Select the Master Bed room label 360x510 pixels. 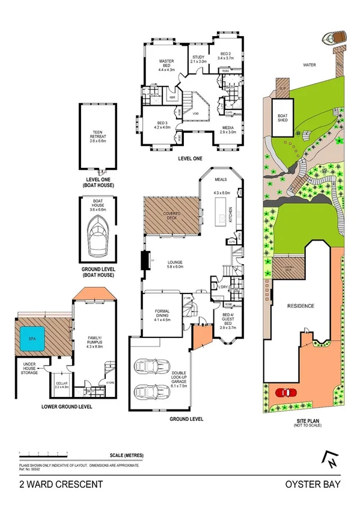pos(166,65)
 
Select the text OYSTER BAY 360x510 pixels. pos(320,483)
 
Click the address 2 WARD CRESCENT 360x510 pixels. pos(53,483)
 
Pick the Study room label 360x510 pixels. pos(198,60)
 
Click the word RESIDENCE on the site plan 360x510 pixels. pos(301,306)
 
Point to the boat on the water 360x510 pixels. pos(331,37)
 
